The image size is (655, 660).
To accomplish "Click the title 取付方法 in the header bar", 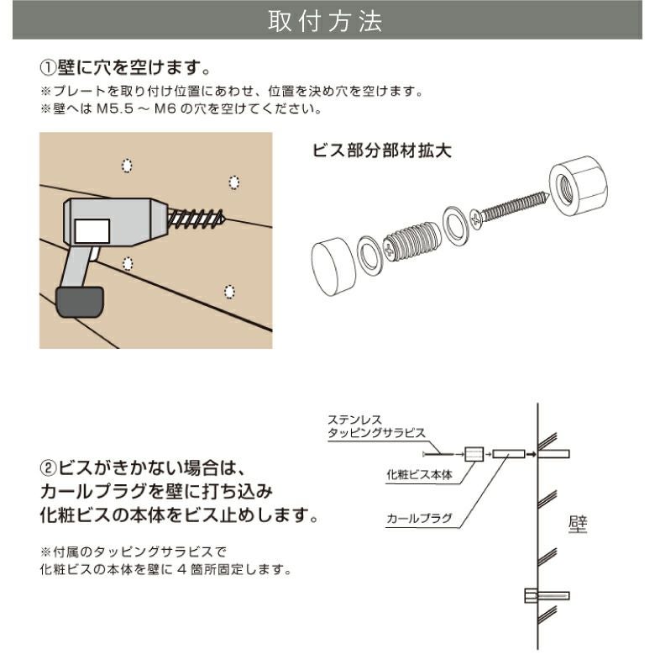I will click(x=327, y=23).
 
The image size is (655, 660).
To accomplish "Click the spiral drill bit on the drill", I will click(x=196, y=220).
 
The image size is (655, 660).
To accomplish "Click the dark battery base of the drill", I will click(x=81, y=301).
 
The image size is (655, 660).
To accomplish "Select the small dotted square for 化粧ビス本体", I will click(x=473, y=455).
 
